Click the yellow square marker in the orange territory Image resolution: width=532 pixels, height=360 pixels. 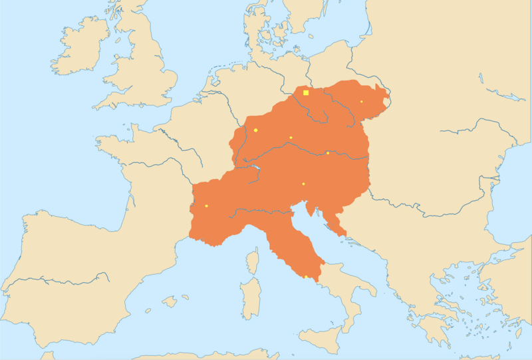[306, 92]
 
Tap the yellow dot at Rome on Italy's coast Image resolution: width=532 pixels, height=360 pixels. [305, 277]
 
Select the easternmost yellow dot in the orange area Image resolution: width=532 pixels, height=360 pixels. [362, 102]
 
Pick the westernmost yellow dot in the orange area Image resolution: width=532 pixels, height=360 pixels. [207, 206]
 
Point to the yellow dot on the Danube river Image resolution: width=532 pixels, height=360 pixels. [328, 153]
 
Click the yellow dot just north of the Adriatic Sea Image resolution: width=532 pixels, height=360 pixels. [303, 184]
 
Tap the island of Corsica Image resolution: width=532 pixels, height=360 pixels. [253, 260]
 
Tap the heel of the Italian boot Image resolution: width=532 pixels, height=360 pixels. [370, 293]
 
